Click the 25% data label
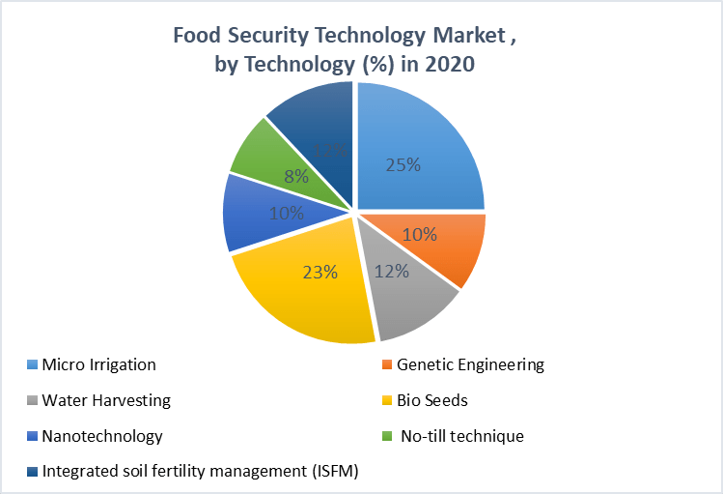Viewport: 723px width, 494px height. pos(403,164)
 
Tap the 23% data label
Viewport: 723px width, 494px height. pos(320,272)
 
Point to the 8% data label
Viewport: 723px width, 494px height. pos(295,176)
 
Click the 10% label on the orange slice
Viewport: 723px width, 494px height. pos(419,234)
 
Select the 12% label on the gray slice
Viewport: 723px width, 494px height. pos(391,272)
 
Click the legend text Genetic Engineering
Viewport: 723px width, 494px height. pos(470,364)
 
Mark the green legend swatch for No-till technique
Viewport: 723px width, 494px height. pos(386,437)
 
